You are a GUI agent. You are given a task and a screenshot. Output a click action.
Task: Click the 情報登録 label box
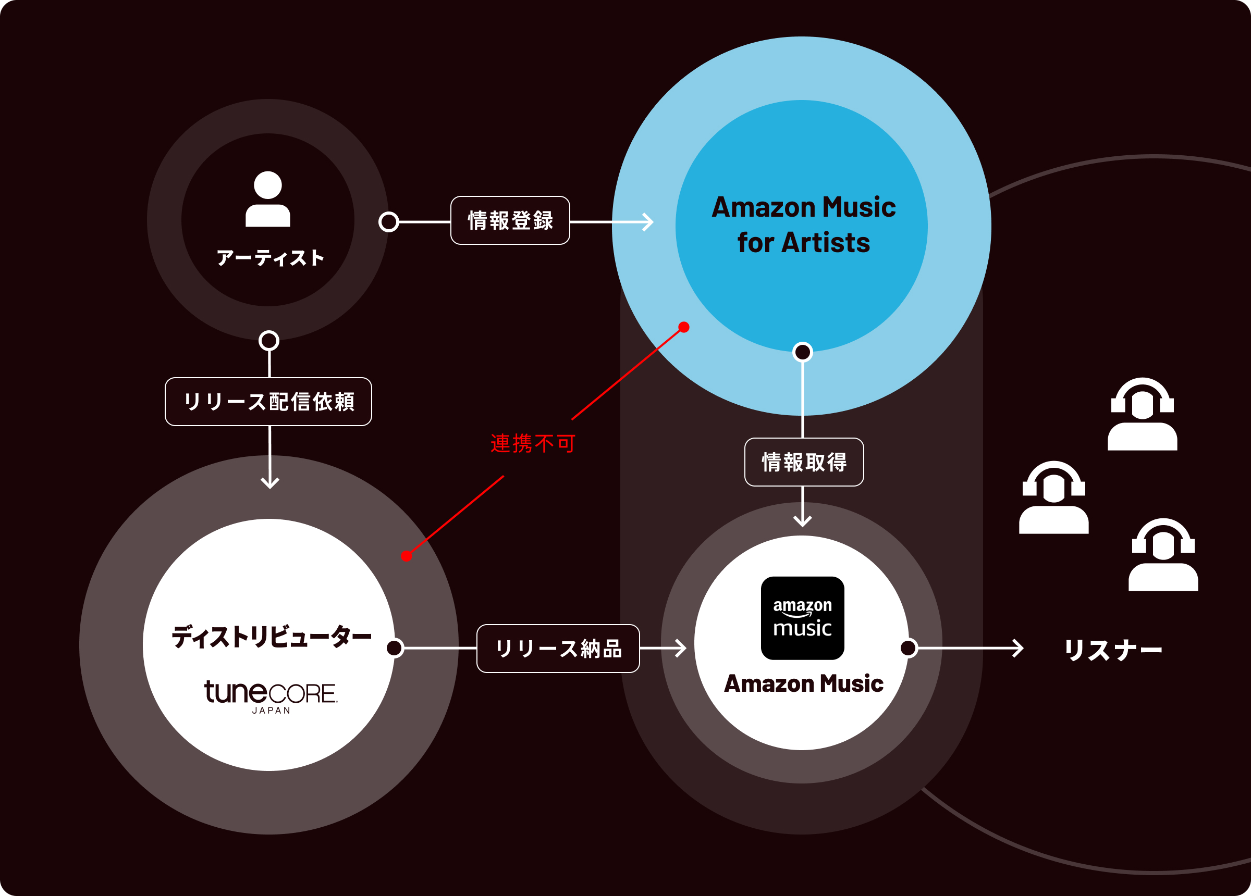click(x=510, y=220)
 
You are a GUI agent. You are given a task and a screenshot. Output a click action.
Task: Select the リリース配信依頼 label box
click(x=268, y=402)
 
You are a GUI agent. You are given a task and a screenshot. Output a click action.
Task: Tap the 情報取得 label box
click(x=804, y=462)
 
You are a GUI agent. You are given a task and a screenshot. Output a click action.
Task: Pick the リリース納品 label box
click(x=558, y=649)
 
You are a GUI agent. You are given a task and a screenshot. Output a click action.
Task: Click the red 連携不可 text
click(x=533, y=443)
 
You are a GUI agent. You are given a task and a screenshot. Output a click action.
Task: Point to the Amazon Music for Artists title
click(x=804, y=225)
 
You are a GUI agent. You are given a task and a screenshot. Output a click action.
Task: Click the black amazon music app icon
click(x=803, y=618)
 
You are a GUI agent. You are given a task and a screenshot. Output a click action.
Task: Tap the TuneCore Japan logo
click(x=271, y=696)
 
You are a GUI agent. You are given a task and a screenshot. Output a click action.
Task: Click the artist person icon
click(x=268, y=199)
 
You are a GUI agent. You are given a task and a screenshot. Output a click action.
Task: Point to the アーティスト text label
click(x=269, y=258)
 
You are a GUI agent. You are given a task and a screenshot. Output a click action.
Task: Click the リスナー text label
click(x=1113, y=650)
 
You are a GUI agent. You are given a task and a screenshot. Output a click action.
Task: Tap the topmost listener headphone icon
click(x=1143, y=414)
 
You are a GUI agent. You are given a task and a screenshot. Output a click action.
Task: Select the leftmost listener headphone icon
click(x=1054, y=497)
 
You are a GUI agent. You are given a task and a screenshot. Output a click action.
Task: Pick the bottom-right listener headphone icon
click(x=1163, y=555)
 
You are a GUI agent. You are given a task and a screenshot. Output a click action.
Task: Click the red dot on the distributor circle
click(x=407, y=556)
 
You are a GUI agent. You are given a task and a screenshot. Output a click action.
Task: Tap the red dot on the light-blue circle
click(x=684, y=327)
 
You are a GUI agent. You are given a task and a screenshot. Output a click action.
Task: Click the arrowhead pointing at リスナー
click(x=1018, y=648)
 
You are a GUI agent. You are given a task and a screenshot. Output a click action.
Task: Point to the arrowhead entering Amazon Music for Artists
click(x=648, y=222)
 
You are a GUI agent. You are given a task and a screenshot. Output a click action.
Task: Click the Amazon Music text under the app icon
click(x=804, y=683)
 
